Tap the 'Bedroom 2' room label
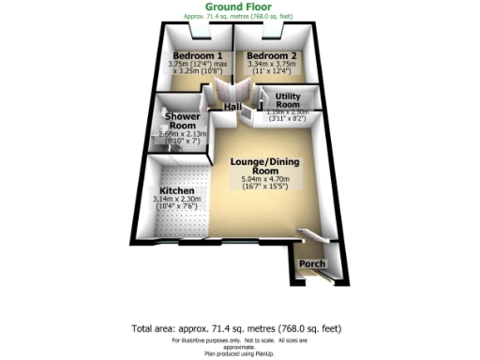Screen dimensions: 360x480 point(272,56)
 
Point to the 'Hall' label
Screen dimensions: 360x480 point(234,106)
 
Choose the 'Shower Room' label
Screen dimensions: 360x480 point(181,121)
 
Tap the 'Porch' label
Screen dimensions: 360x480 point(312,264)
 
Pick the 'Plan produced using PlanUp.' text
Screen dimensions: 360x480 point(239,352)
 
